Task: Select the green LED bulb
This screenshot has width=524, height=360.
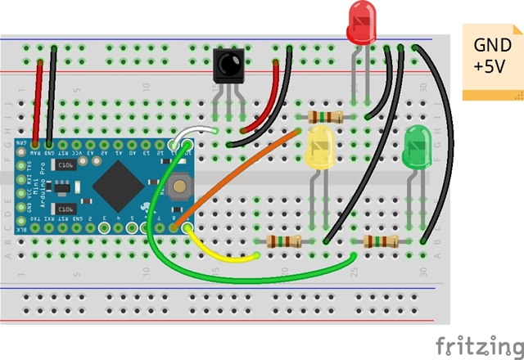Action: tap(418, 148)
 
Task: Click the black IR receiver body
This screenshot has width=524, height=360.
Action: tap(228, 65)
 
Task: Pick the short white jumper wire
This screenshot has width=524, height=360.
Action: tap(196, 131)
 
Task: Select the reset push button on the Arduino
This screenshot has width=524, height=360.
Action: tap(180, 189)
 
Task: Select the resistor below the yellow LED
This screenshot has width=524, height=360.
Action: tap(283, 241)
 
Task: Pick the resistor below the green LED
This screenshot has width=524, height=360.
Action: tap(381, 241)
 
